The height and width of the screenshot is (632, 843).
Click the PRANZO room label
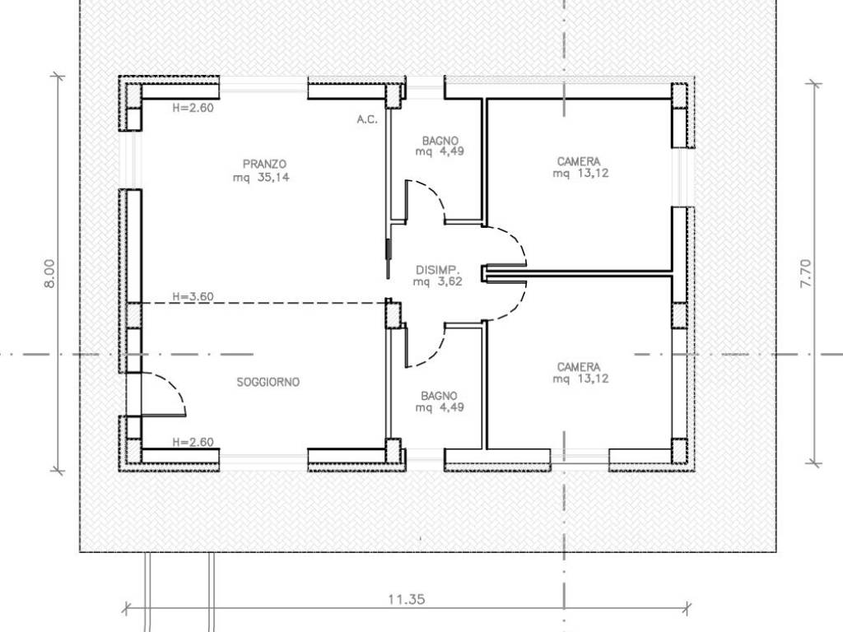pyautogui.click(x=264, y=164)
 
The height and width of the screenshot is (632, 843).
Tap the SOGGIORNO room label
pyautogui.click(x=268, y=382)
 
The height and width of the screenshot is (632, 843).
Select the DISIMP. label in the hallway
pyautogui.click(x=437, y=270)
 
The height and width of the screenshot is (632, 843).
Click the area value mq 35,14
pyautogui.click(x=261, y=178)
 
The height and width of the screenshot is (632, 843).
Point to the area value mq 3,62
pyautogui.click(x=438, y=281)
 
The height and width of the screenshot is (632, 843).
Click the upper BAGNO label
pyautogui.click(x=440, y=141)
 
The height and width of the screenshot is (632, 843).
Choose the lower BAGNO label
pyautogui.click(x=440, y=396)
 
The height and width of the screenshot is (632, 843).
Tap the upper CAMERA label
pyautogui.click(x=579, y=161)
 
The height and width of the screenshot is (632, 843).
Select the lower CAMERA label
pyautogui.click(x=579, y=367)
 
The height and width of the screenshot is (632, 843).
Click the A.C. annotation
pyautogui.click(x=367, y=119)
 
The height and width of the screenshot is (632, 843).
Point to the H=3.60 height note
pyautogui.click(x=193, y=296)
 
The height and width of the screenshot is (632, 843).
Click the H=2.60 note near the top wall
pyautogui.click(x=193, y=108)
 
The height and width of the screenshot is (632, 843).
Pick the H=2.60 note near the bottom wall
pyautogui.click(x=193, y=442)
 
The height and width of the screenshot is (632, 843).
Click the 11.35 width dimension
pyautogui.click(x=407, y=599)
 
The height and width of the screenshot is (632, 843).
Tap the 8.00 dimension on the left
pyautogui.click(x=49, y=273)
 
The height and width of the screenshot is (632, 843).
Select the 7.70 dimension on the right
pyautogui.click(x=807, y=273)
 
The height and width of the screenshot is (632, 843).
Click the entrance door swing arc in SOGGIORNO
pyautogui.click(x=173, y=386)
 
